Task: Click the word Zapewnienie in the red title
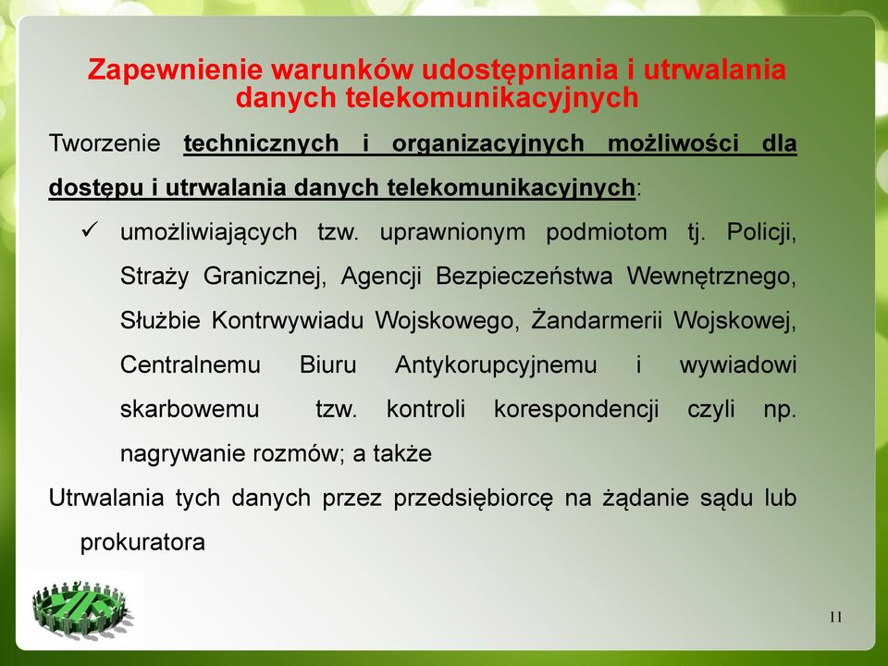coord(175,70)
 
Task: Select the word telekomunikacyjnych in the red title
coord(491,97)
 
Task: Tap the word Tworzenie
coord(105,142)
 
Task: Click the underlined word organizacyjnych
coord(487,144)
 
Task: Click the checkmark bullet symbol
coord(90,229)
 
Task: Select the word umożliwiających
coord(208,233)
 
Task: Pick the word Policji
coord(761,232)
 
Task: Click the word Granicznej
coord(265,277)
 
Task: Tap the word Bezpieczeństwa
coord(524,277)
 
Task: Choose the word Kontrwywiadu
coord(287,321)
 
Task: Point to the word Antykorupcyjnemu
coord(496,365)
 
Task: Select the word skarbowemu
coord(190,409)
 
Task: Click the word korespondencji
coord(576,410)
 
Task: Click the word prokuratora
coord(142,543)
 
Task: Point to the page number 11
coord(835,617)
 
